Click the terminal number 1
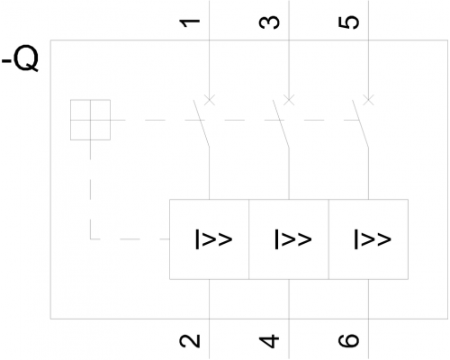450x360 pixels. pyautogui.click(x=190, y=22)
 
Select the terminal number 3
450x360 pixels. pyautogui.click(x=269, y=22)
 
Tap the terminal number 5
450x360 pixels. pyautogui.click(x=348, y=22)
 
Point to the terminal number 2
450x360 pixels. pyautogui.click(x=190, y=341)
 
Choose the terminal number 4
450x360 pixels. pyautogui.click(x=269, y=341)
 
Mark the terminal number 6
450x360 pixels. pyautogui.click(x=348, y=341)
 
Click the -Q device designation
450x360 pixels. pyautogui.click(x=21, y=58)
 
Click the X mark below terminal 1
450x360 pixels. pyautogui.click(x=210, y=100)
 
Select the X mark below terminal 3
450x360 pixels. pyautogui.click(x=289, y=100)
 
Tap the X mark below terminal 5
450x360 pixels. pyautogui.click(x=368, y=100)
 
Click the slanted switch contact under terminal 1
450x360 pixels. pyautogui.click(x=202, y=123)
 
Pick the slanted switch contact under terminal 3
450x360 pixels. pyautogui.click(x=281, y=123)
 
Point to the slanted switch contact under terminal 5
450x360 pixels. pyautogui.click(x=360, y=123)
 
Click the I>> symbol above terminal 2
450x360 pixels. pyautogui.click(x=214, y=239)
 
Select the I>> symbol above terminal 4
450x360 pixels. pyautogui.click(x=293, y=239)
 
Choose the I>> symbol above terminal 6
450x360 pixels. pyautogui.click(x=373, y=239)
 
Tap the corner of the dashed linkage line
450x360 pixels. pyautogui.click(x=90, y=239)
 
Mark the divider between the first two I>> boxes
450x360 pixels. pyautogui.click(x=248, y=239)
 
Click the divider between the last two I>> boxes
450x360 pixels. pyautogui.click(x=328, y=239)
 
